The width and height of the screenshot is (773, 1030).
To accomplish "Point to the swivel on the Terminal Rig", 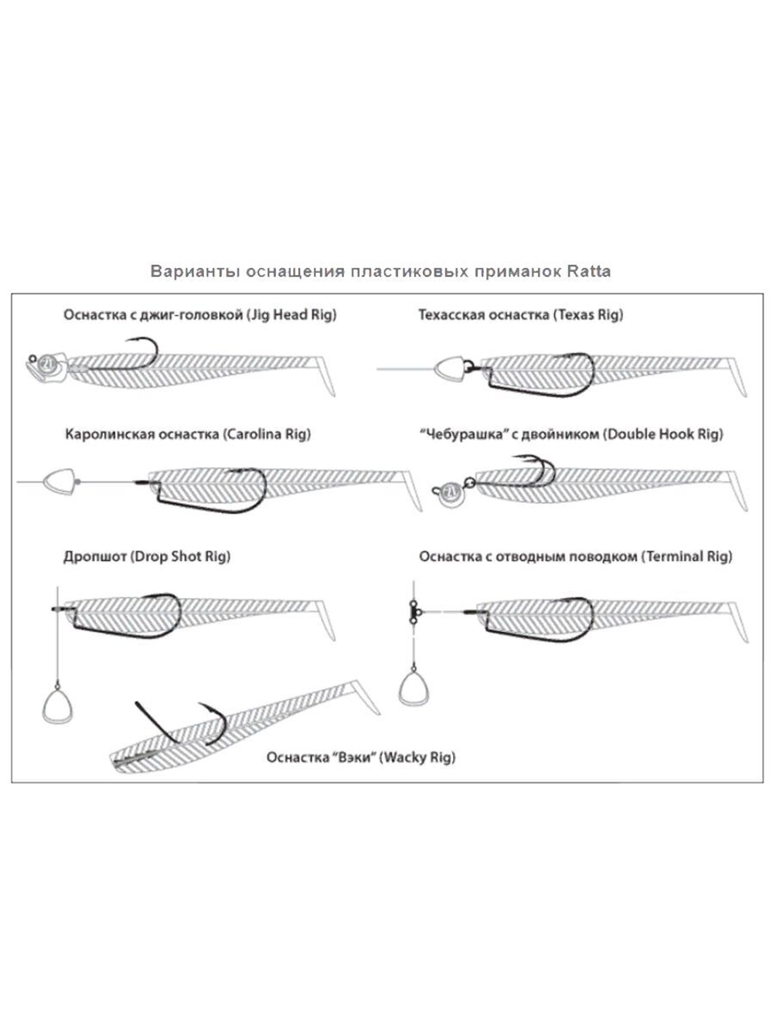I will [414, 610].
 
